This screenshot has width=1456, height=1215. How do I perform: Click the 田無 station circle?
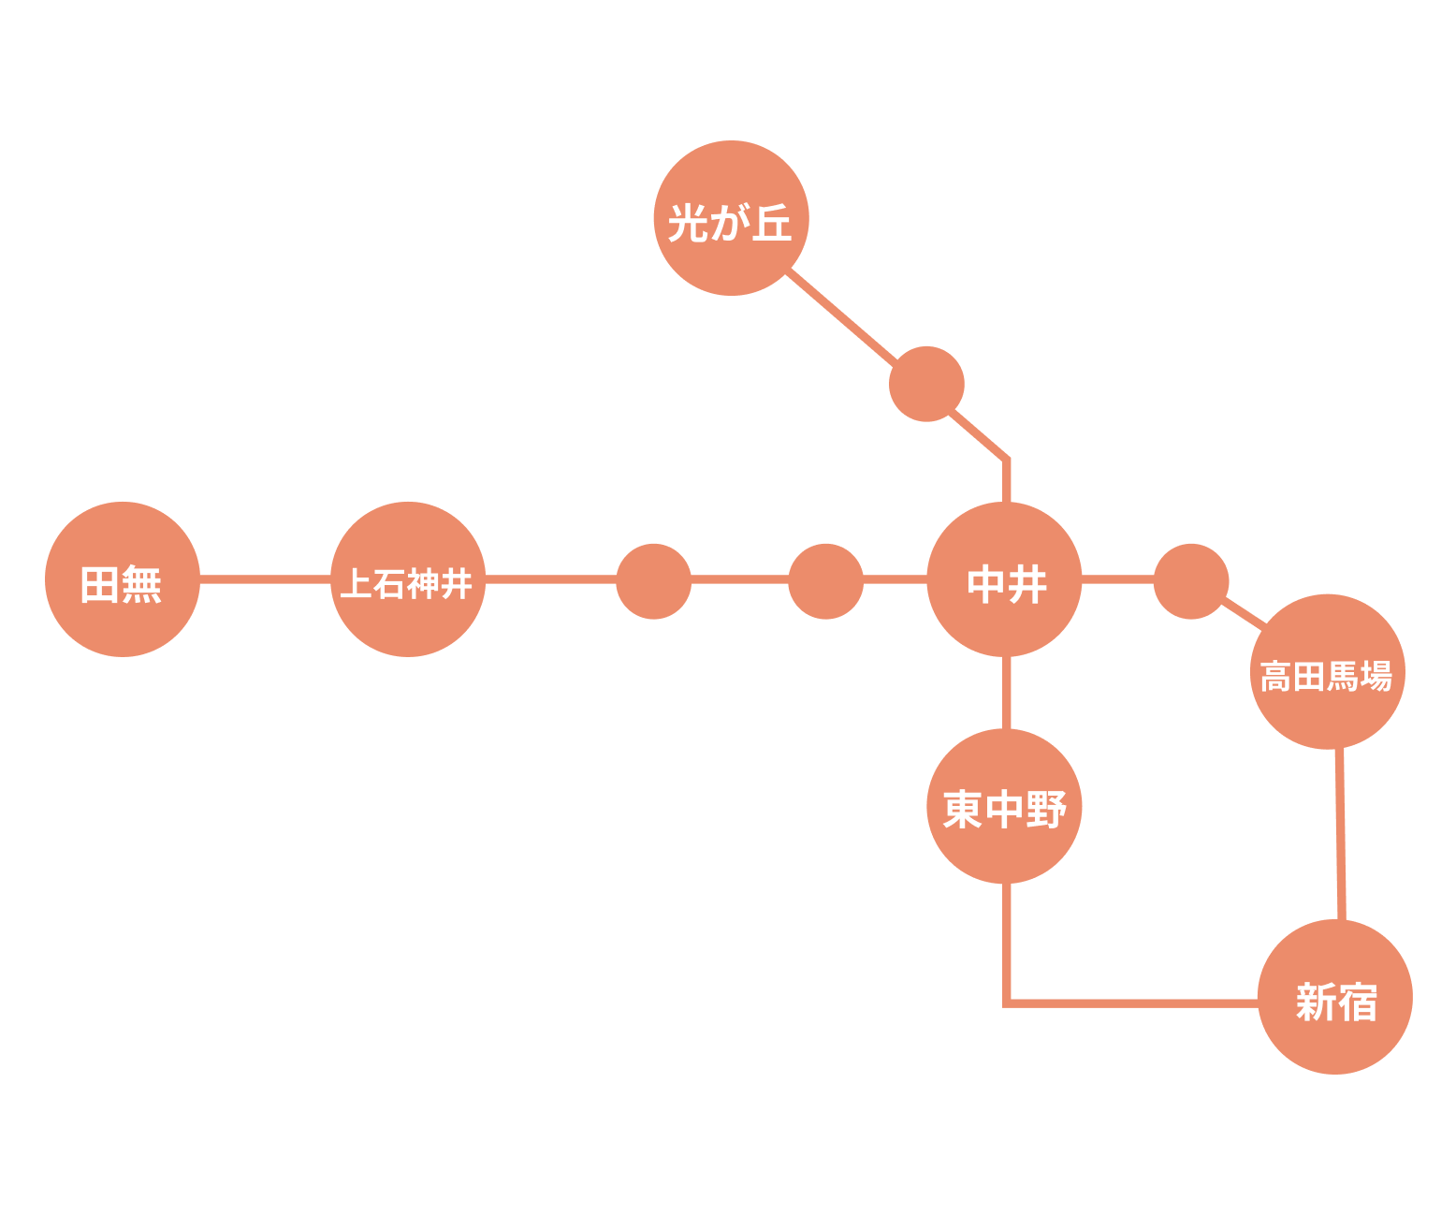122,579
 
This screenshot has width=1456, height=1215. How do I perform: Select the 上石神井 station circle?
407,579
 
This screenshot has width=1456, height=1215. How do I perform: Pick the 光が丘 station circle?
731,218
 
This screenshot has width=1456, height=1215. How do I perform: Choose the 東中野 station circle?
1004,806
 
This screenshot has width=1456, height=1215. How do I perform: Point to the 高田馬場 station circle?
1327,671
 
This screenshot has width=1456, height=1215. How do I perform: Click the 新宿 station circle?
1334,996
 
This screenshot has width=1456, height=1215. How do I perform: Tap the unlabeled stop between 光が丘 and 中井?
926,384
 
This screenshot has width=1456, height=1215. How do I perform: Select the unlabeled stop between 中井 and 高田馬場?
1190,581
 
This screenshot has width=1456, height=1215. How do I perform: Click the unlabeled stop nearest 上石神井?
653,581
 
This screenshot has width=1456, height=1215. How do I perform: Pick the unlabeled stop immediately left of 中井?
825,581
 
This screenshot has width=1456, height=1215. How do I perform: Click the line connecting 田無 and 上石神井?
265,579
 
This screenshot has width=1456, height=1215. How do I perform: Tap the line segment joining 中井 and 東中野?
1006,693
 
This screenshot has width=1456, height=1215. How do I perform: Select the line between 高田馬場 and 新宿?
1341,833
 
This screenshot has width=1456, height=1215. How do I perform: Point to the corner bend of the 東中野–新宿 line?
1007,1003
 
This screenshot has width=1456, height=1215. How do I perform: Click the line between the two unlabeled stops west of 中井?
739,580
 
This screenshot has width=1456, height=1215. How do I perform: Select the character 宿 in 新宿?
1357,1003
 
